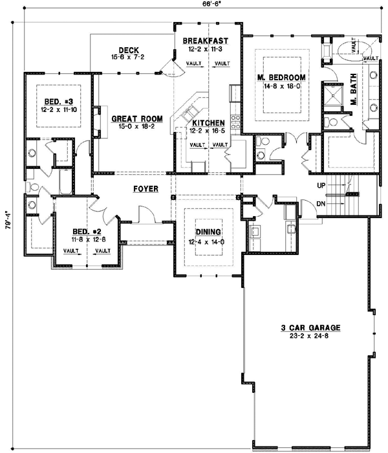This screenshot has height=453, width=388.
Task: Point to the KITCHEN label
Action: point(207,122)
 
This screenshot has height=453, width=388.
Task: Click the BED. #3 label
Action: point(58,102)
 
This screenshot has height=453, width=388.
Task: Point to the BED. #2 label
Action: point(85,232)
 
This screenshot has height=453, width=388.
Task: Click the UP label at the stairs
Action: point(321,185)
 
